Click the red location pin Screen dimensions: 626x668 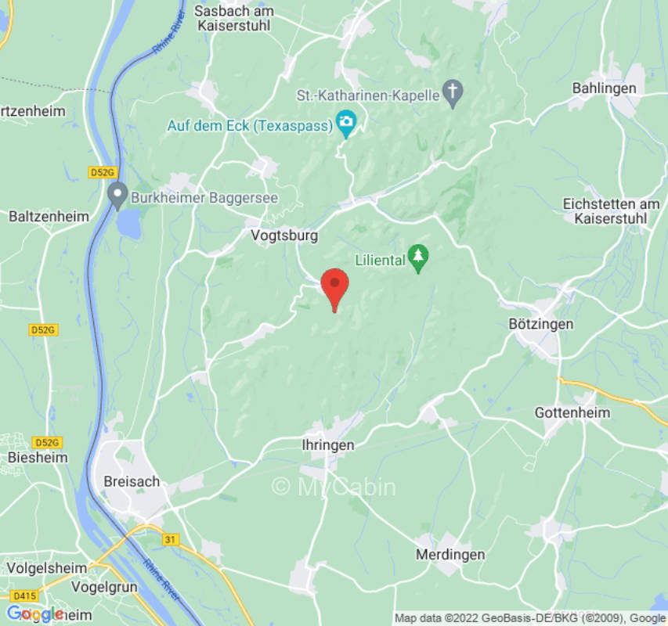(335, 287)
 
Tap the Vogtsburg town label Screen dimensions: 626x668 (283, 235)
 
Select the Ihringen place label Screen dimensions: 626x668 (328, 445)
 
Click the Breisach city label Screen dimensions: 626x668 (132, 481)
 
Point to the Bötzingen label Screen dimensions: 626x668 (541, 324)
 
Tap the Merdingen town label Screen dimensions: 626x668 (450, 555)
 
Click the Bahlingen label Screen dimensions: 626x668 (604, 88)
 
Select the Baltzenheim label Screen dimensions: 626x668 (49, 216)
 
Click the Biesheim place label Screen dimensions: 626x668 (37, 457)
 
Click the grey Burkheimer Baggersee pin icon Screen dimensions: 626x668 (117, 195)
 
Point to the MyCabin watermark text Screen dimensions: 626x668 (334, 487)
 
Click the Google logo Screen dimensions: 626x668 (35, 613)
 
